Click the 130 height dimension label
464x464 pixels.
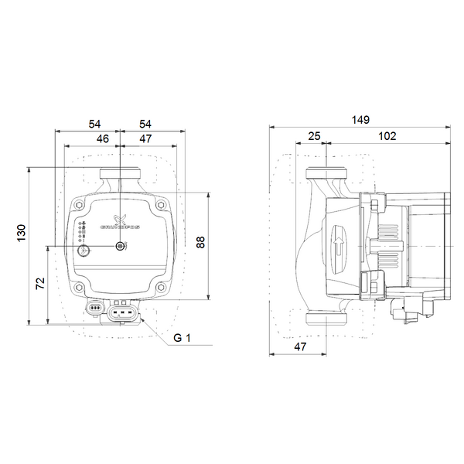(x=22, y=233)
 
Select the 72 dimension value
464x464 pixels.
(x=40, y=283)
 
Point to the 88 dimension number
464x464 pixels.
(x=200, y=242)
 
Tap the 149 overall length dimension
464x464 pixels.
(x=360, y=120)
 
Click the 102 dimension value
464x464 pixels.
(x=387, y=136)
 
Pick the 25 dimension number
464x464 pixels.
(x=314, y=136)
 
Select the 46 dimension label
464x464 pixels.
(x=103, y=138)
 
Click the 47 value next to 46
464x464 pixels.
(x=145, y=138)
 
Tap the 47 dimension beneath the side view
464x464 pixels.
(x=300, y=346)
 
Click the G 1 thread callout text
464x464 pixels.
(x=182, y=338)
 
